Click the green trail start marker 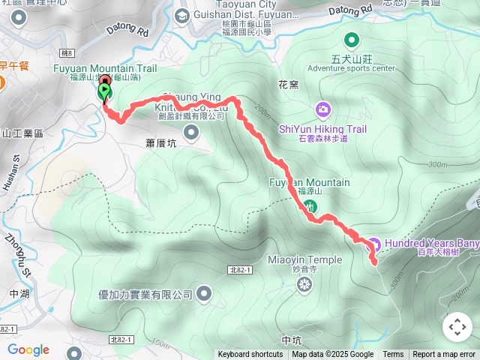[x=103, y=92]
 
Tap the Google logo [x=28, y=349]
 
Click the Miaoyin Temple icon [x=304, y=284]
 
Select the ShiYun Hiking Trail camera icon [x=322, y=110]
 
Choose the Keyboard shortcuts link [x=250, y=355]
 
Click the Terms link [x=393, y=355]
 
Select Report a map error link [x=444, y=355]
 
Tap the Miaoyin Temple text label [x=304, y=260]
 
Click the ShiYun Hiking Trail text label [x=322, y=129]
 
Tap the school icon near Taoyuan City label [x=182, y=16]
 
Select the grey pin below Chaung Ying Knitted [x=191, y=133]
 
